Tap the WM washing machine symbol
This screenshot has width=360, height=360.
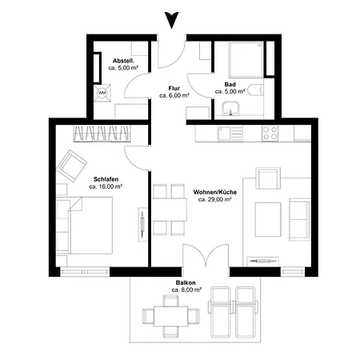[x=102, y=93]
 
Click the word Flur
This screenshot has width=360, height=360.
[x=174, y=88]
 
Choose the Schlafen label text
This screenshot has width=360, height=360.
[x=106, y=179]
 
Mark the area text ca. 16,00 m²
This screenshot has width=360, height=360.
[x=106, y=186]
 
